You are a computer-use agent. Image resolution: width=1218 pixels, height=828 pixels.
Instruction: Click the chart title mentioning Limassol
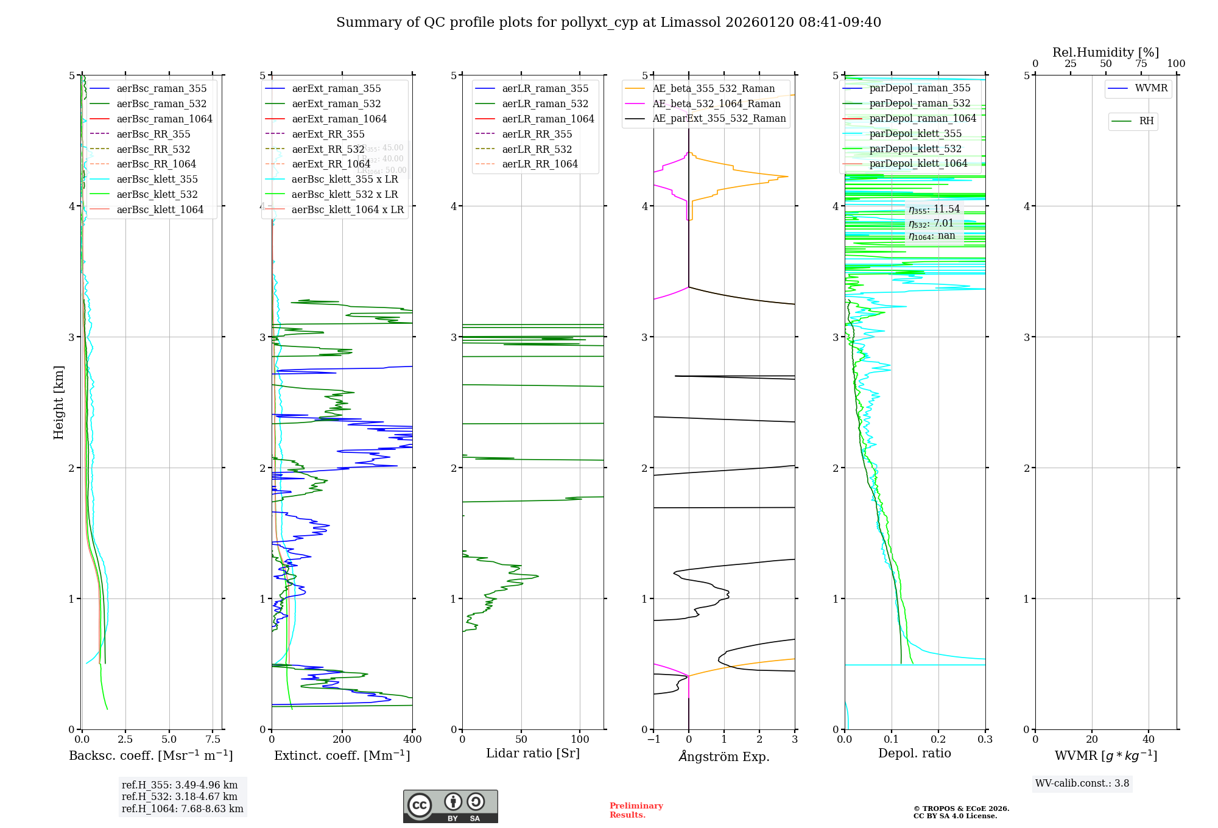coord(608,23)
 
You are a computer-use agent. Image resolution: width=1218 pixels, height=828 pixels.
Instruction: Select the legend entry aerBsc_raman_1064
coord(164,119)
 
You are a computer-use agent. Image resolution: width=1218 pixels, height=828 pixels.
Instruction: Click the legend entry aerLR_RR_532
coord(537,149)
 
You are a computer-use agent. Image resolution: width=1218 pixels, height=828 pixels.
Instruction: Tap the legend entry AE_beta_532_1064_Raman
coord(716,103)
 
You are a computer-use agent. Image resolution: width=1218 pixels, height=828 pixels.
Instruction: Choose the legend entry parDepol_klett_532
coord(915,149)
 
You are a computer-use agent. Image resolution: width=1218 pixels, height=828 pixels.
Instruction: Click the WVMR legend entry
coord(1151,88)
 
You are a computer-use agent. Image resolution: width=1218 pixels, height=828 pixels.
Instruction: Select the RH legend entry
coord(1146,121)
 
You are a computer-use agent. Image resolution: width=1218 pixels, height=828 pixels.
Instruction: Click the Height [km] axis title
coord(58,402)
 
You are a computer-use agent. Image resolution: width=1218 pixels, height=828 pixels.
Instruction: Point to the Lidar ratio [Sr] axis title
coord(533,753)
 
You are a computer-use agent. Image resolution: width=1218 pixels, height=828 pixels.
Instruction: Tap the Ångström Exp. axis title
coord(724,756)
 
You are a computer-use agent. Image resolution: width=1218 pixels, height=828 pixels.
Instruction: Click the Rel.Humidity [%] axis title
coord(1105,52)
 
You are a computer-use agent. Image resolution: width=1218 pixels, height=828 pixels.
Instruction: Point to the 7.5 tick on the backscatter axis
coord(213,739)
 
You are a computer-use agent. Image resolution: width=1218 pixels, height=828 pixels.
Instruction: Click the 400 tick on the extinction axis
coord(412,739)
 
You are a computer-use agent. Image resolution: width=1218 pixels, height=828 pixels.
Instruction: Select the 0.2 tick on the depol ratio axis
coord(938,739)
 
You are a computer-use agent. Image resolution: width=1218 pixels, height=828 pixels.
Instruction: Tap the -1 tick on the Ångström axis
coord(653,739)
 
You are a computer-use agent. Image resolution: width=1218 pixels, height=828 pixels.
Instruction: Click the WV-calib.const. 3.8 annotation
coord(1082,784)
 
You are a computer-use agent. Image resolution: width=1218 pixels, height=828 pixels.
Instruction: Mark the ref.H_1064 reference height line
coord(182,809)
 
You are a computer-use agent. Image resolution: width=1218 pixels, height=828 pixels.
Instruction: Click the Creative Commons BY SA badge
coord(450,806)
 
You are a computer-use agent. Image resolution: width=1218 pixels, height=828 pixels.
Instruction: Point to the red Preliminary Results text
coord(636,810)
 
